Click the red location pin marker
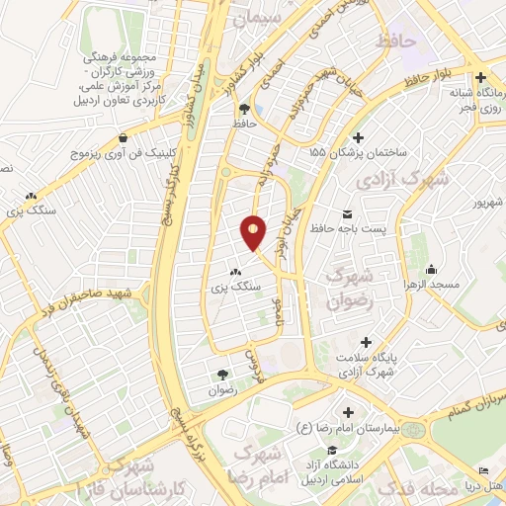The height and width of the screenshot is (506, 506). click(x=254, y=232)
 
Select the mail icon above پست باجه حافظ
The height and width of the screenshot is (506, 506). click(x=347, y=213)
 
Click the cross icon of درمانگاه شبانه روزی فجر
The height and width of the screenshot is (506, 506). click(x=480, y=77)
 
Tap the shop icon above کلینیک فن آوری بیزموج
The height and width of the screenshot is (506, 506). click(x=122, y=138)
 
